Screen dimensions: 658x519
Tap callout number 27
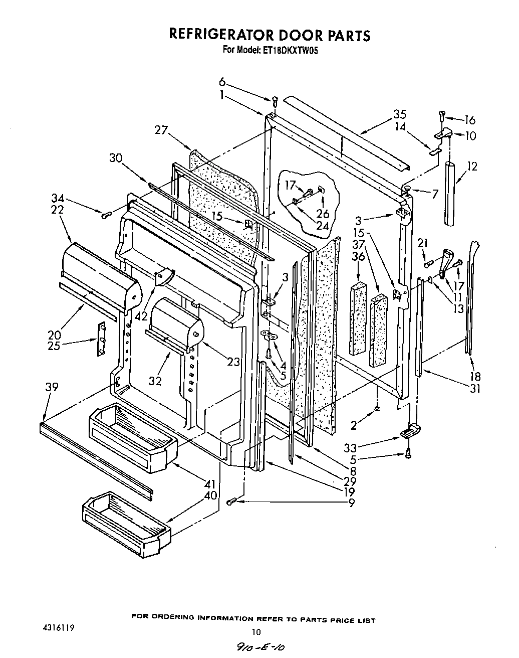(161, 130)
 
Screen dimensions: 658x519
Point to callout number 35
(399, 114)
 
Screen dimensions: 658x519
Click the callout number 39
(51, 387)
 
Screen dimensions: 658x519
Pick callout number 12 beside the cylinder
(471, 166)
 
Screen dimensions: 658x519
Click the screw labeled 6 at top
(275, 102)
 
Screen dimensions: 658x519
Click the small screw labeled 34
(106, 215)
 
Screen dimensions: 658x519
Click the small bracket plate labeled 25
(102, 339)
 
